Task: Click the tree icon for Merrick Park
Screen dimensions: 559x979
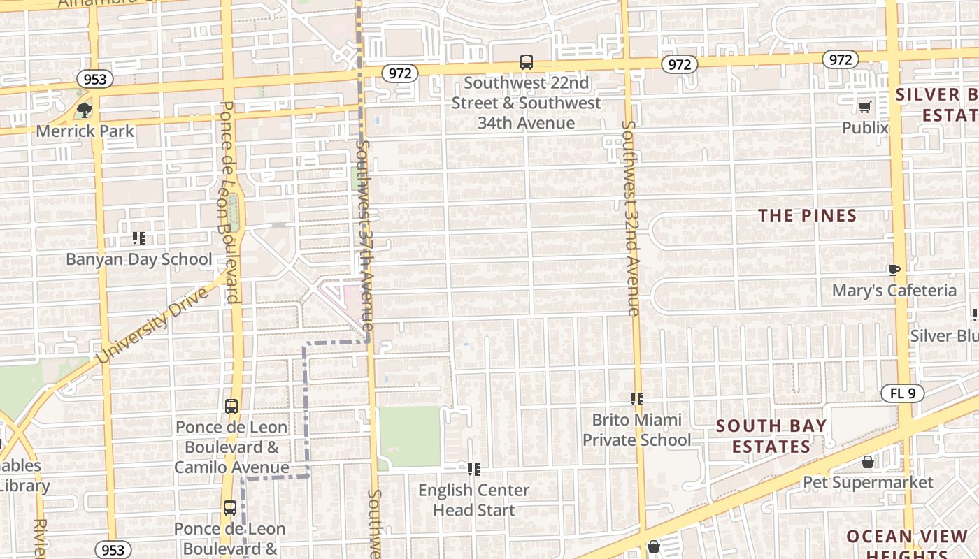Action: pos(85,110)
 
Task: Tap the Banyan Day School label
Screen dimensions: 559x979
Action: pos(138,259)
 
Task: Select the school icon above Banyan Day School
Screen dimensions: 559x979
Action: pos(139,238)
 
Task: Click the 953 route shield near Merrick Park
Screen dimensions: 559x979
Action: pos(94,79)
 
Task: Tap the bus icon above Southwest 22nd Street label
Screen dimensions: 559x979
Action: pos(527,62)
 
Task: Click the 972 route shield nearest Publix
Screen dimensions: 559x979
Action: pos(840,60)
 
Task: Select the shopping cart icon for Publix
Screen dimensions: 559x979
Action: pos(865,107)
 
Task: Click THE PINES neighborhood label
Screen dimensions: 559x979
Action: pos(808,215)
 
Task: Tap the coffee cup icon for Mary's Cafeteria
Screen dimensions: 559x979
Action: pos(894,270)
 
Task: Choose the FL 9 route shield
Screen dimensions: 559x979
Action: pos(902,393)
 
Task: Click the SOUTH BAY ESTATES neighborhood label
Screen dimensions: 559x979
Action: pos(771,436)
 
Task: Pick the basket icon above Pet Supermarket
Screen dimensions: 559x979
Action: pos(868,462)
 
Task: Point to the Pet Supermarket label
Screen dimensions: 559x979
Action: pos(868,483)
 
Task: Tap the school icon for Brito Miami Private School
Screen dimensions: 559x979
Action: pos(636,399)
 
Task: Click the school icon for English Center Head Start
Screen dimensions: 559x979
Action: pos(474,469)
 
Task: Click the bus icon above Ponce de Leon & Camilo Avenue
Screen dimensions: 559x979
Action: pos(231,406)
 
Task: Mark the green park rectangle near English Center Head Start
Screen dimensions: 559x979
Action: pos(410,437)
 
